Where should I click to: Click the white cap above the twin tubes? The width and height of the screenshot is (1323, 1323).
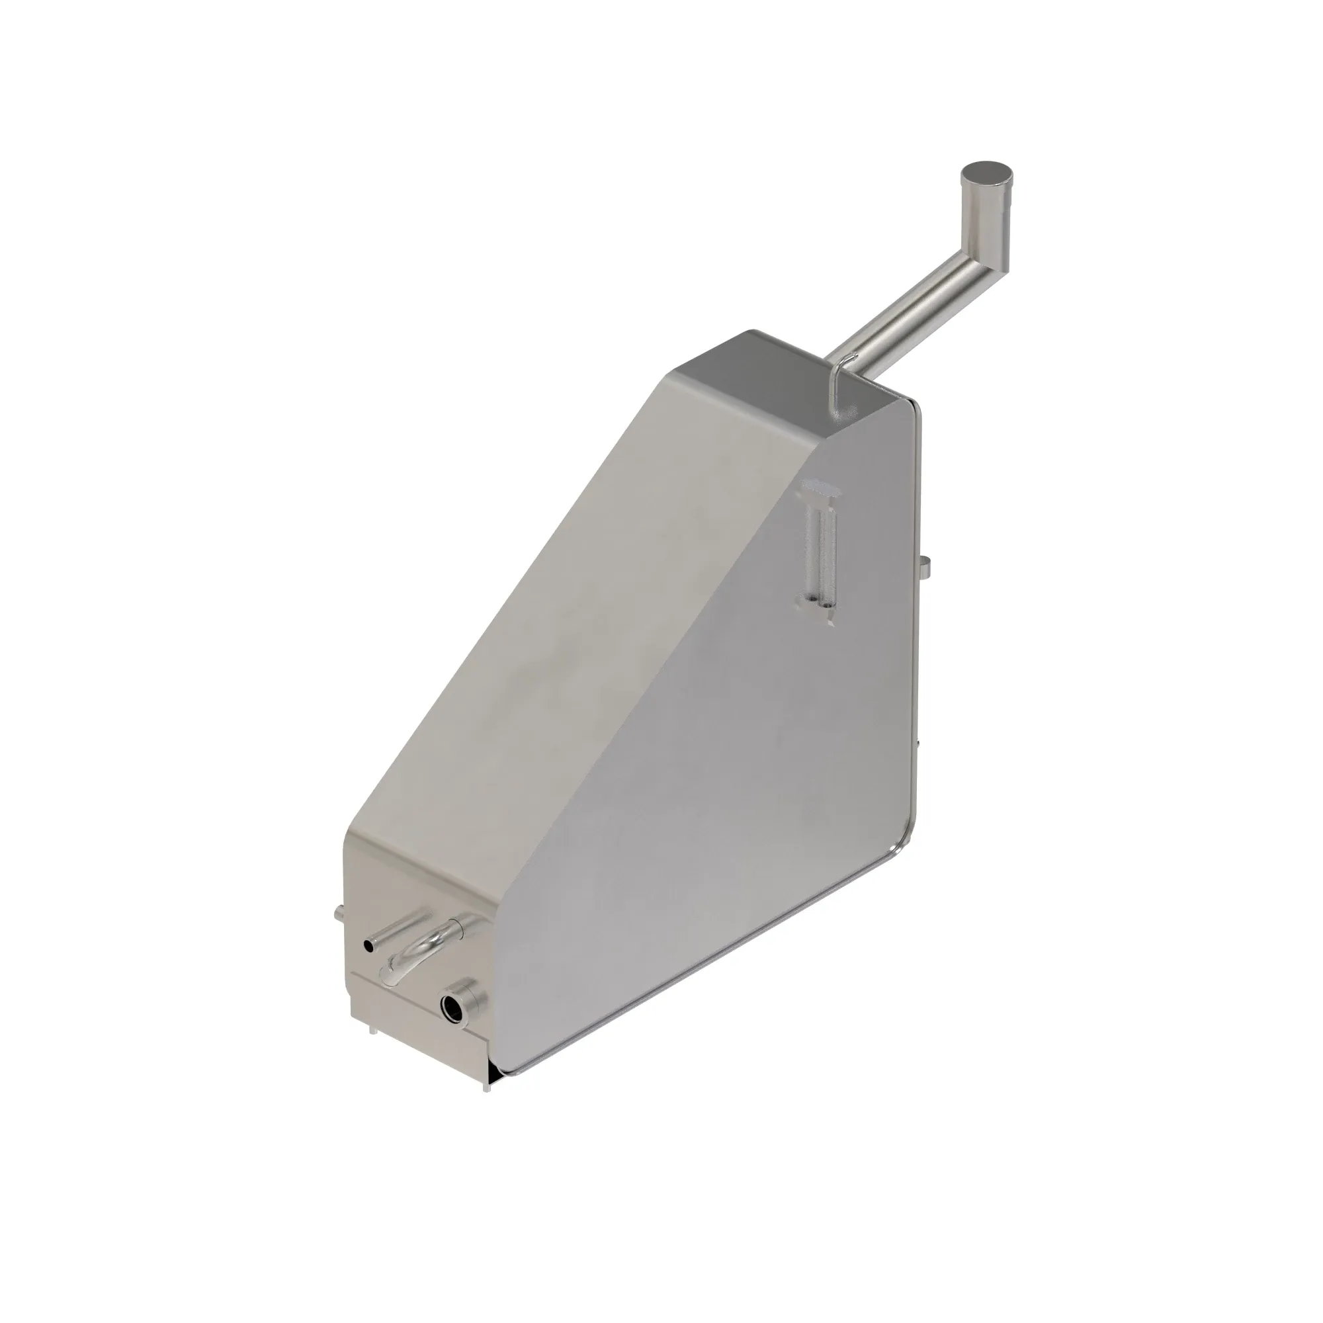[820, 488]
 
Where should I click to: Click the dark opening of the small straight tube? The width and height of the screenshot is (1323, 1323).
[370, 947]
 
